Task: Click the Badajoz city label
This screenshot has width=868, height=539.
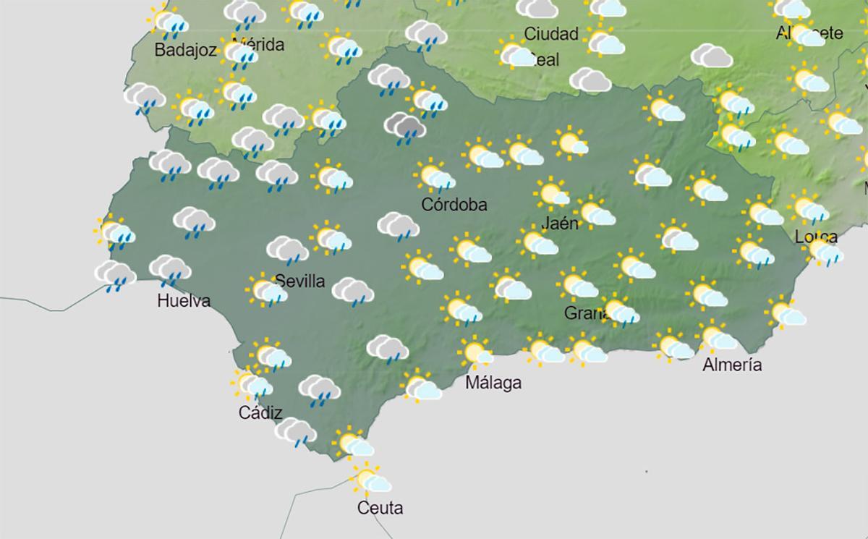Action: point(186,50)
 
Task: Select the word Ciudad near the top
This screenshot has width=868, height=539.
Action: point(551,33)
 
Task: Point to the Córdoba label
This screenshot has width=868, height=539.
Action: point(454,204)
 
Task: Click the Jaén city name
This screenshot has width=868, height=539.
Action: point(560,223)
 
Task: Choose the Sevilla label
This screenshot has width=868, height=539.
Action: point(300,281)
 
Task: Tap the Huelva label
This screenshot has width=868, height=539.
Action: point(184,301)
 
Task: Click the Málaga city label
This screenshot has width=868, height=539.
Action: point(493,383)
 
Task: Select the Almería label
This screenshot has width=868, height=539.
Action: point(732,365)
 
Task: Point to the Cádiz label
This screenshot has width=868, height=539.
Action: point(260,412)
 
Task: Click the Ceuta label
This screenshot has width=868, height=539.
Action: point(380,508)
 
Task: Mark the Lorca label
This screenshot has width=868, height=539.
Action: point(816,237)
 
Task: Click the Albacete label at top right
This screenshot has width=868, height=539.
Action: point(809,33)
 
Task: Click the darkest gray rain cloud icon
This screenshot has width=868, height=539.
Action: point(404,127)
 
